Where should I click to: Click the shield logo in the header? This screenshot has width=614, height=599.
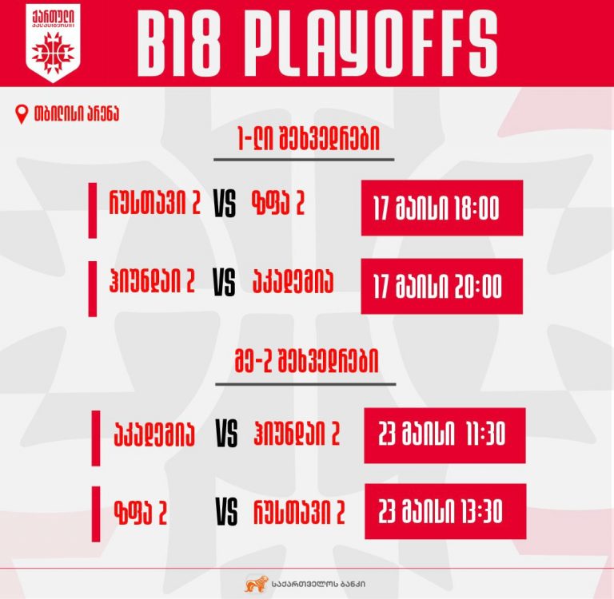54,42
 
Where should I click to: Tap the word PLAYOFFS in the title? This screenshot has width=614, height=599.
372,43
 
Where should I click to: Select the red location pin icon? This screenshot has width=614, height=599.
22,114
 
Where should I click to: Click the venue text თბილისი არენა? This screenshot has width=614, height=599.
77,114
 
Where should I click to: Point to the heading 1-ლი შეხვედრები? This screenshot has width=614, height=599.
309,139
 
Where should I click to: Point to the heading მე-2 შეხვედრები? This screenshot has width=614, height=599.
307,361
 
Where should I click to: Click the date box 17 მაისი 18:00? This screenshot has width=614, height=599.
442,208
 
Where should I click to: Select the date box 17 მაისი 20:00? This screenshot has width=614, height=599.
441,286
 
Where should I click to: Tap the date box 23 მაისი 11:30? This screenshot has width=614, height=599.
445,435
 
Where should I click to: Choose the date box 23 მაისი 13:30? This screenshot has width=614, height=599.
445,511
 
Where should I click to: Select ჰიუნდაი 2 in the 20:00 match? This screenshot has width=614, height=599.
152,281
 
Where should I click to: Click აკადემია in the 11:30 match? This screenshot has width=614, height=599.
153,434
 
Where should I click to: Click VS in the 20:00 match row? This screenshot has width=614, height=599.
225,282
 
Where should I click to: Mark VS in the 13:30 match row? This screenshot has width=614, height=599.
226,511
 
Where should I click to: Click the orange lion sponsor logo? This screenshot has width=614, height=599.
257,584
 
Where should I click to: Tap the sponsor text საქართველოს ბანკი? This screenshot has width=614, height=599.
318,584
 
